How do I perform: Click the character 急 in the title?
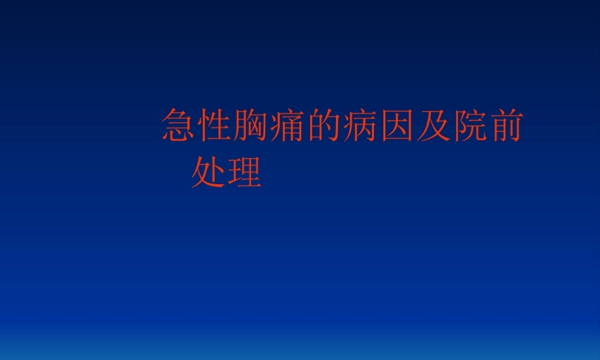click(179, 125)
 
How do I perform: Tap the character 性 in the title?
click(216, 125)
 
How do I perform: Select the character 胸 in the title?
click(252, 125)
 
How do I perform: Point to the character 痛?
click(288, 125)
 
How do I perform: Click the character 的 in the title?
click(324, 125)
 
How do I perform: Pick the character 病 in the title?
click(360, 125)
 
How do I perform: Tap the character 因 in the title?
click(396, 125)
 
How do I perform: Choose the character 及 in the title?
click(432, 125)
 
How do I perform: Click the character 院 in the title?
click(468, 125)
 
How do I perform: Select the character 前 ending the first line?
click(504, 125)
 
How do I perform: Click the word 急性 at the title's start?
click(197, 125)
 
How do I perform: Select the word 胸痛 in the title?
click(270, 125)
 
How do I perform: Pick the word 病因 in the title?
click(378, 125)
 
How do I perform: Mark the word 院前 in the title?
click(486, 125)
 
